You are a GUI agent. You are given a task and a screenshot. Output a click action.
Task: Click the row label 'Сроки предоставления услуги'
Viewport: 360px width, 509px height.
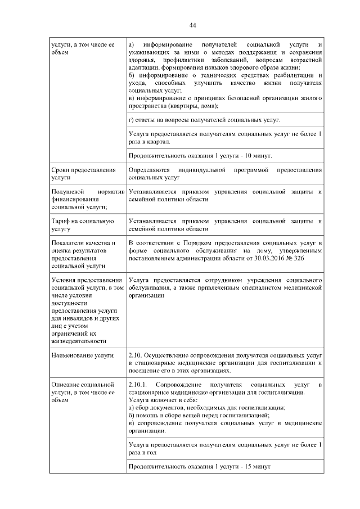point(83,173)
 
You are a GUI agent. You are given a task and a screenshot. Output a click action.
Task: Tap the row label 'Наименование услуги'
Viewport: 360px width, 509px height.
point(82,355)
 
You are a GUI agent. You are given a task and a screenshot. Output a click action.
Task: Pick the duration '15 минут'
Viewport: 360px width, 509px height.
point(254,467)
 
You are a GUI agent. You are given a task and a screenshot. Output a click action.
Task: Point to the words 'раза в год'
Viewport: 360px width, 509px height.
point(142,452)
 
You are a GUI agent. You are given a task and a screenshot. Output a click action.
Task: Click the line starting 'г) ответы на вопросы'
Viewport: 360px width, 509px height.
point(205,120)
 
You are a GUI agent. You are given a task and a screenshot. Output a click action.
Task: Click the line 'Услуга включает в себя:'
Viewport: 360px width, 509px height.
point(160,400)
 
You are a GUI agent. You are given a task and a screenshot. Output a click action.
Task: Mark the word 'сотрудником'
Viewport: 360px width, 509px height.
point(216,279)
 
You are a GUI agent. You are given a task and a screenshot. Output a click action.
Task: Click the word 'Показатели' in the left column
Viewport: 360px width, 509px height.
point(69,242)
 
